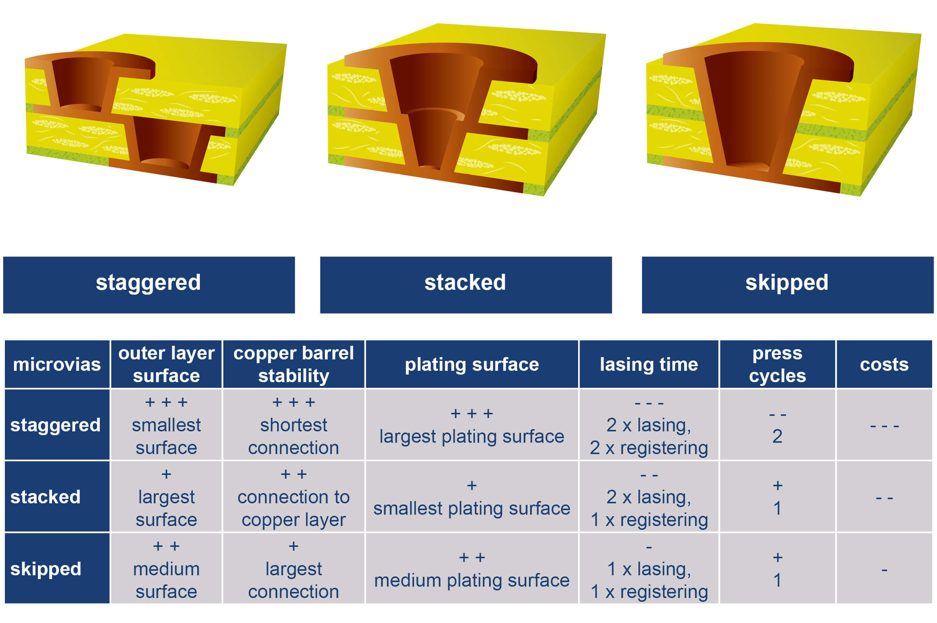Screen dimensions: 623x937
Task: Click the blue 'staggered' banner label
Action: click(148, 284)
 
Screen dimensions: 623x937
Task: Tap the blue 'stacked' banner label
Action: click(466, 284)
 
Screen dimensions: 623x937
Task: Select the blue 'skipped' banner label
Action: click(787, 284)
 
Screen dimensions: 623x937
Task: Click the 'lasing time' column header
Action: click(649, 364)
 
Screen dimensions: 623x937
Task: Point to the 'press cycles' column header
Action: click(777, 364)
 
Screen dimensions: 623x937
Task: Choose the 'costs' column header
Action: click(884, 364)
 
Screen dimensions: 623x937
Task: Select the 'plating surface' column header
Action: click(471, 364)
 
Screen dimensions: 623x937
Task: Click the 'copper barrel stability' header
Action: click(293, 364)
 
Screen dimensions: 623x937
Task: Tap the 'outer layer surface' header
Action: click(166, 364)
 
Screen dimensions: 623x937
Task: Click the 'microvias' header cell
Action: click(57, 364)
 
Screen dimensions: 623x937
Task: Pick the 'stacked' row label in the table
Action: click(57, 497)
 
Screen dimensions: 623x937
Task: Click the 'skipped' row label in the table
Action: click(57, 568)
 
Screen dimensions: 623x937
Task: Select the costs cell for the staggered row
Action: click(884, 425)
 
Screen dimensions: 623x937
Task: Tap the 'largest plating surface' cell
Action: click(471, 425)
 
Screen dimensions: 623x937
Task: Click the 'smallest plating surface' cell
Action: click(471, 497)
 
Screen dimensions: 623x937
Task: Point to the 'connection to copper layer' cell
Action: click(293, 497)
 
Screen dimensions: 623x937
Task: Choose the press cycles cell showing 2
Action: click(777, 425)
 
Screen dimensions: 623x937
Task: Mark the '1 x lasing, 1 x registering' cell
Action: click(649, 568)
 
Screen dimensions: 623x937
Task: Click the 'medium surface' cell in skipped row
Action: click(166, 568)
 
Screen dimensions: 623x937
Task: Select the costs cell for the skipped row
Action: click(884, 568)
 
